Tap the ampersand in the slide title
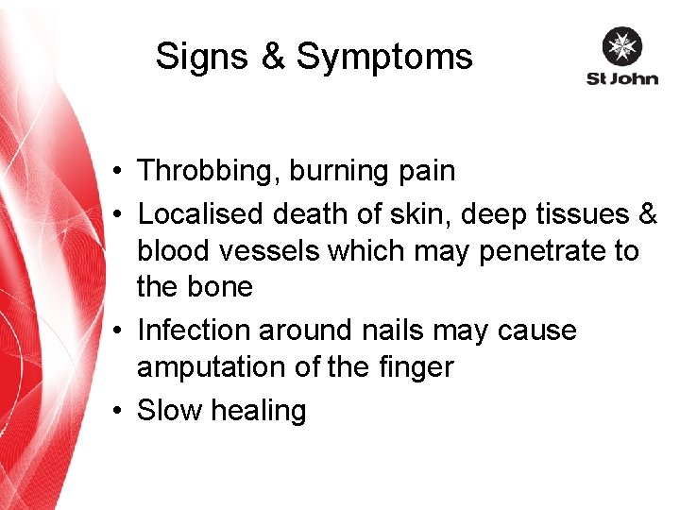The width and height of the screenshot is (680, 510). pyautogui.click(x=272, y=57)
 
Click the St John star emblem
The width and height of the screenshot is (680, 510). pyautogui.click(x=621, y=47)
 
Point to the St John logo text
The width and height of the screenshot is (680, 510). pyautogui.click(x=621, y=79)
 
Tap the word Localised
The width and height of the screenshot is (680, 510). pyautogui.click(x=200, y=213)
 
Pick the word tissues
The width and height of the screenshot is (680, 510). pyautogui.click(x=585, y=213)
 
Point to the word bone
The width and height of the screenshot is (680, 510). pyautogui.click(x=222, y=286)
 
